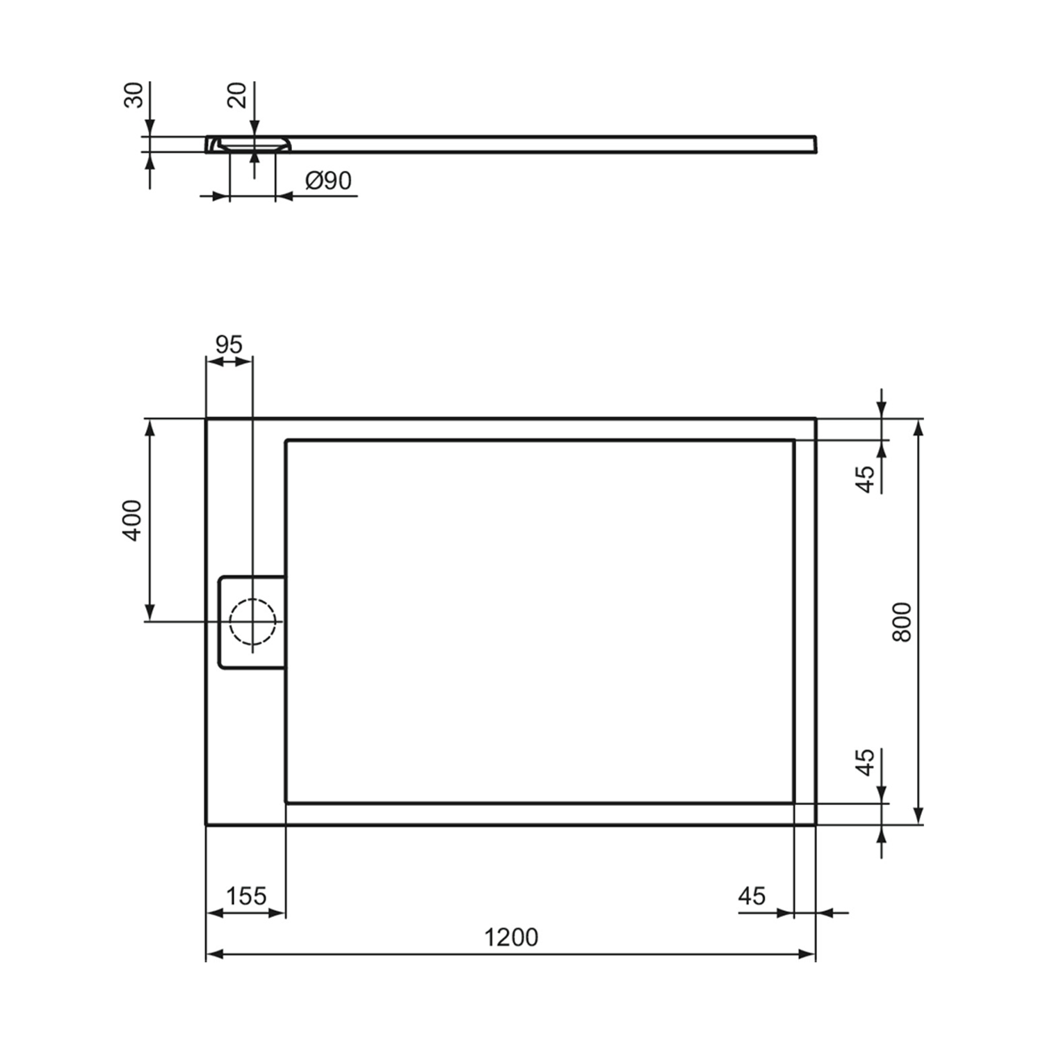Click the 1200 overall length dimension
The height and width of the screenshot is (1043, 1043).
[x=511, y=937]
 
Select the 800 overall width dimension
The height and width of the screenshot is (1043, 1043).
[x=901, y=622]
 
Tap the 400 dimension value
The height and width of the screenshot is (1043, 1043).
[x=132, y=519]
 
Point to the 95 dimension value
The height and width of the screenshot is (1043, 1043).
[x=229, y=344]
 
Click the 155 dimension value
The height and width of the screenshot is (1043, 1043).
[x=246, y=896]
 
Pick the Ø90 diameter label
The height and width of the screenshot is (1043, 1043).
[x=328, y=181]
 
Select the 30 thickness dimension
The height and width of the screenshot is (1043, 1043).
[x=134, y=95]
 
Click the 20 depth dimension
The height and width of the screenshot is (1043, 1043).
[x=238, y=95]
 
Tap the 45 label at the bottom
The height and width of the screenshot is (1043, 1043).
[x=752, y=896]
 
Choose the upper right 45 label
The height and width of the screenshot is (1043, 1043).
[x=865, y=479]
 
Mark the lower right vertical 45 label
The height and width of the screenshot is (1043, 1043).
[x=865, y=762]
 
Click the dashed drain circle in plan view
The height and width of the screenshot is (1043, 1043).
[x=252, y=621]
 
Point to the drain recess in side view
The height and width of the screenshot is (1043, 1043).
[x=252, y=144]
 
